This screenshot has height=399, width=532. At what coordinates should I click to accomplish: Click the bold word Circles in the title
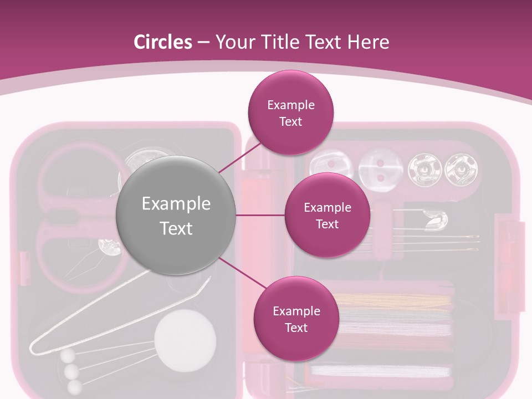tap(163, 42)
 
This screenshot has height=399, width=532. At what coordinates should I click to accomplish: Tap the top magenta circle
tap(290, 112)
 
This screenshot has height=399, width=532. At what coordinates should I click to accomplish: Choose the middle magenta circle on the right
tap(327, 216)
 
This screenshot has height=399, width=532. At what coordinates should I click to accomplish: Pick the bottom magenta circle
tap(296, 319)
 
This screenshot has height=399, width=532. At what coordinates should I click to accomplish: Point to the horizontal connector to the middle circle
tap(260, 215)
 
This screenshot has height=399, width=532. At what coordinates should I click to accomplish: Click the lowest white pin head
tap(74, 386)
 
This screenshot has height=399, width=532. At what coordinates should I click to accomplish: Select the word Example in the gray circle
tap(176, 204)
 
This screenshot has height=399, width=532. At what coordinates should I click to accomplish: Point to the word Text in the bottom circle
tap(296, 328)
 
